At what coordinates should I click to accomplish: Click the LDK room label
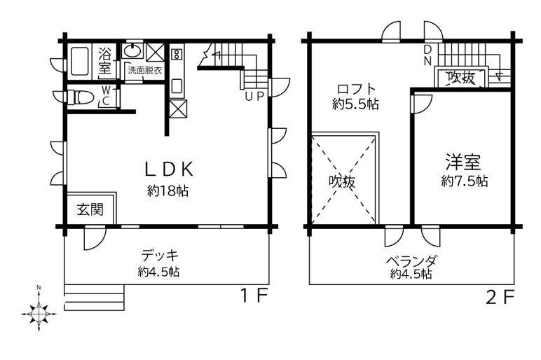[x=169, y=169]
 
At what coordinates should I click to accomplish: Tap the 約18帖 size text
[x=168, y=191]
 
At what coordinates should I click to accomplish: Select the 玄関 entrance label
[x=90, y=209]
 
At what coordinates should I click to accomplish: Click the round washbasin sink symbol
[x=133, y=52]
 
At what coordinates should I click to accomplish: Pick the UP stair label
[x=254, y=96]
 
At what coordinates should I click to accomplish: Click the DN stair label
[x=427, y=55]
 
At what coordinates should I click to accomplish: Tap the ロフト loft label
[x=357, y=90]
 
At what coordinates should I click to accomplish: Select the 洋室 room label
[x=462, y=163]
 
